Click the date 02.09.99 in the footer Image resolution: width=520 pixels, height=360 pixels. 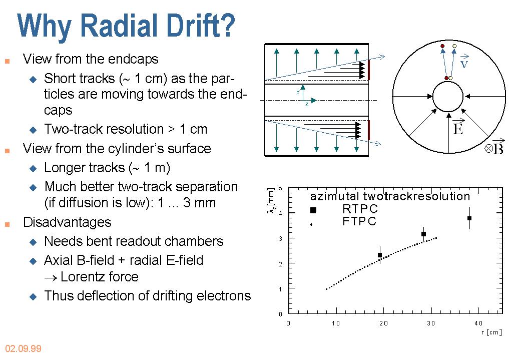tap(23, 348)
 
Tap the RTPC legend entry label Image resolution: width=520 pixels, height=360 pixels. tap(360, 209)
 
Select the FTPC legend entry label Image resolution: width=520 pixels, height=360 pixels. tap(359, 221)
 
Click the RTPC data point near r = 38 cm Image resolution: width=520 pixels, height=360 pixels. tap(469, 218)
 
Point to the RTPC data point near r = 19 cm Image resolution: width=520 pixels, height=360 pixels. tap(380, 255)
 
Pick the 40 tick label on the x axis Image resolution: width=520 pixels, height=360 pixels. tap(478, 323)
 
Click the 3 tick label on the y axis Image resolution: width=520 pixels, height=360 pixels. tap(281, 238)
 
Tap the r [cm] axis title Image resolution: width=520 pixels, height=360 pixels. tap(491, 332)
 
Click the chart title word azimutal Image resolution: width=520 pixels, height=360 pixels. tap(335, 196)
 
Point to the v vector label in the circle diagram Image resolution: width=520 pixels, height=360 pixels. tap(464, 62)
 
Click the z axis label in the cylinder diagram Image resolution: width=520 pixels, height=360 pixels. tap(307, 104)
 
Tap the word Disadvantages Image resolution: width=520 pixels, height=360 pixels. tap(67, 222)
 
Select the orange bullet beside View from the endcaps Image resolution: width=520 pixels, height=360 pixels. tap(7, 62)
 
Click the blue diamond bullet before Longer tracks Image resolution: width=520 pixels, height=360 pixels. tap(33, 169)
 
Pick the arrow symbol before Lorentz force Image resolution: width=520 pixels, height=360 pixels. tap(51, 278)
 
